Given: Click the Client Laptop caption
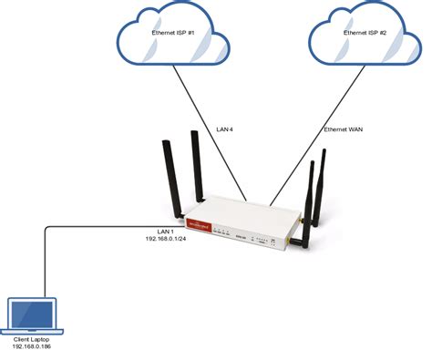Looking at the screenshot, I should (32, 339).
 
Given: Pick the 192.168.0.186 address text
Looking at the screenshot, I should (32, 347).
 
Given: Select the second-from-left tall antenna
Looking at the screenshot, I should (197, 164).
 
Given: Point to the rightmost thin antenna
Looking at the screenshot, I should (324, 191).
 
